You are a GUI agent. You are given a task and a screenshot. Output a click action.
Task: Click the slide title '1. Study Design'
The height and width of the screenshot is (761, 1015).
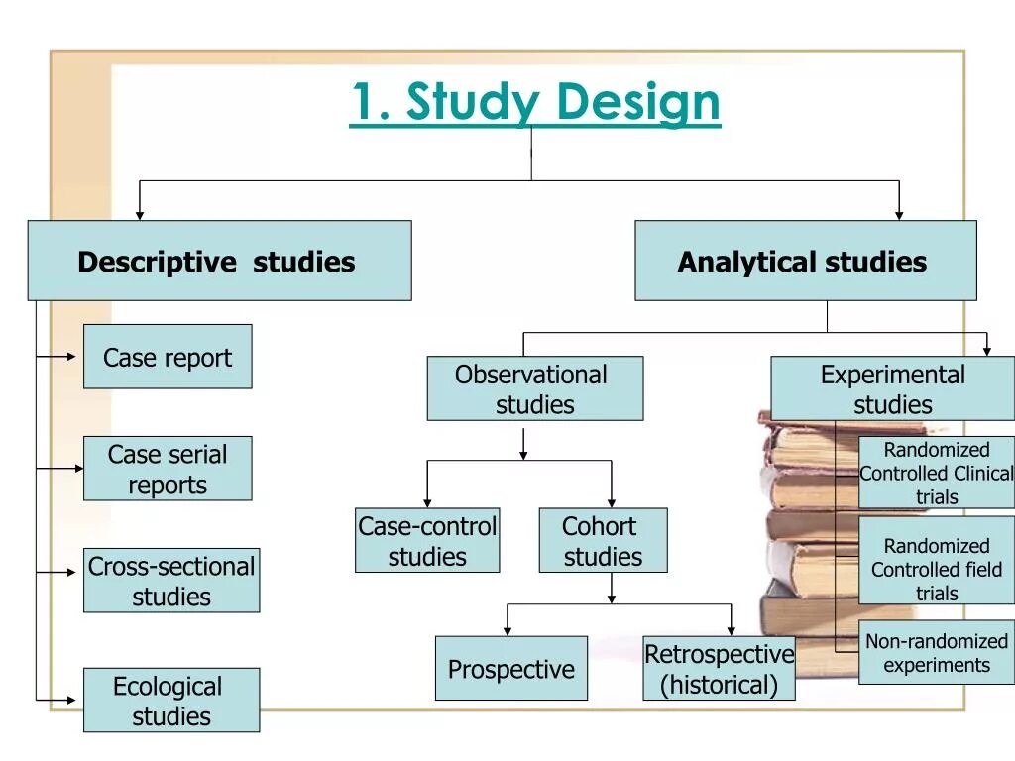(x=534, y=103)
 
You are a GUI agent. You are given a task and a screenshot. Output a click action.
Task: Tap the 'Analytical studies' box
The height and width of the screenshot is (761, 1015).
(x=805, y=261)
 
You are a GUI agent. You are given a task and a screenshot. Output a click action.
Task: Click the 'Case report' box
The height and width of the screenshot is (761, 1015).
(x=168, y=357)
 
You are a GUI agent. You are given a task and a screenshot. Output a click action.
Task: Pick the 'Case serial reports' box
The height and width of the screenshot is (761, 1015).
(x=168, y=469)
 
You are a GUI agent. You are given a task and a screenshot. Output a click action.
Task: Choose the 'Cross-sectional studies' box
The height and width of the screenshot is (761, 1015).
(x=171, y=581)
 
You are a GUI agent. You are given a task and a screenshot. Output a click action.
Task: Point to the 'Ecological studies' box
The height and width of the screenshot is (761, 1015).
(x=171, y=701)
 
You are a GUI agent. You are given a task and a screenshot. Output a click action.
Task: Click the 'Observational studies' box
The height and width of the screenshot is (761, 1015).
(x=534, y=388)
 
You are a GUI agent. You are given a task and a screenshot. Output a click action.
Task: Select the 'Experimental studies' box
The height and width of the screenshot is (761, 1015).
(x=892, y=388)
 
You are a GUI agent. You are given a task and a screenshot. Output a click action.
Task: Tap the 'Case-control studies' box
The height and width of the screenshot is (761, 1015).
(x=427, y=540)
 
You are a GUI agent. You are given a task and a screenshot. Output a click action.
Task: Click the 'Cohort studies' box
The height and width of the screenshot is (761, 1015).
(x=603, y=540)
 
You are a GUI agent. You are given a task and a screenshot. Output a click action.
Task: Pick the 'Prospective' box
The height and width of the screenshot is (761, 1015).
(x=510, y=669)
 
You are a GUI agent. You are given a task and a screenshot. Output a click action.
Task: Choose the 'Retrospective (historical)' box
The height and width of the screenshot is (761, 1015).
(x=719, y=669)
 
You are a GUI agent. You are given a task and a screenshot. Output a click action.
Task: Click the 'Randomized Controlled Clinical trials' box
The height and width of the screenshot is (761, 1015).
(x=937, y=473)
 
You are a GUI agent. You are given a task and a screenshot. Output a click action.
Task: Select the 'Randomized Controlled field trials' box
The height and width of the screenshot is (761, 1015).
(x=937, y=569)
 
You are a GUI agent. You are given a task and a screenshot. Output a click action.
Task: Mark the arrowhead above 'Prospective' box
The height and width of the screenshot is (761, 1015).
(x=507, y=629)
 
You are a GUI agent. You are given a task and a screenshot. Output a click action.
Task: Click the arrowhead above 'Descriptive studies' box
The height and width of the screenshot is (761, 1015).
(x=140, y=213)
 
